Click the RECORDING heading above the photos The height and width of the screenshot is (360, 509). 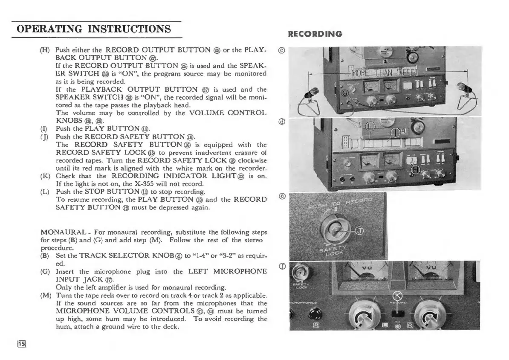[x=315, y=34]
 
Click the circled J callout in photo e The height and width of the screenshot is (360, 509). [x=360, y=231]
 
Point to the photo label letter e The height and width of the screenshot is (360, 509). [x=281, y=196]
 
